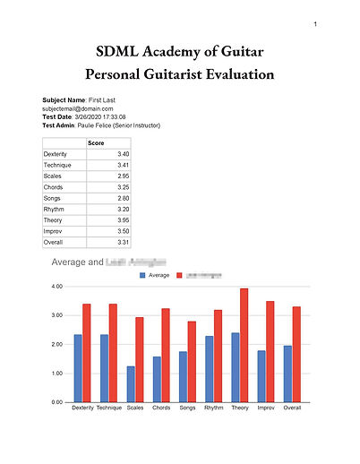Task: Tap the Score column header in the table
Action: click(97, 143)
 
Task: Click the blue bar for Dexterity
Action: click(78, 368)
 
